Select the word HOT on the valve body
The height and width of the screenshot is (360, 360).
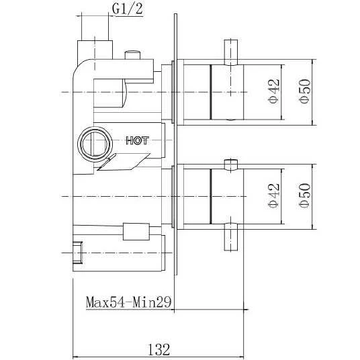(x=137, y=140)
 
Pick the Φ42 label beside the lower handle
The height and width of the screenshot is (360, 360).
(x=273, y=195)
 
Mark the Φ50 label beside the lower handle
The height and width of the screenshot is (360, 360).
(x=305, y=195)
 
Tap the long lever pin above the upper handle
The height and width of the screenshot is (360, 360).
(x=230, y=51)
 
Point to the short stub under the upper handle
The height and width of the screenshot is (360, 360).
(x=230, y=120)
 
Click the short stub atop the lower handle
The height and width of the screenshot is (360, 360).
(x=230, y=164)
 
